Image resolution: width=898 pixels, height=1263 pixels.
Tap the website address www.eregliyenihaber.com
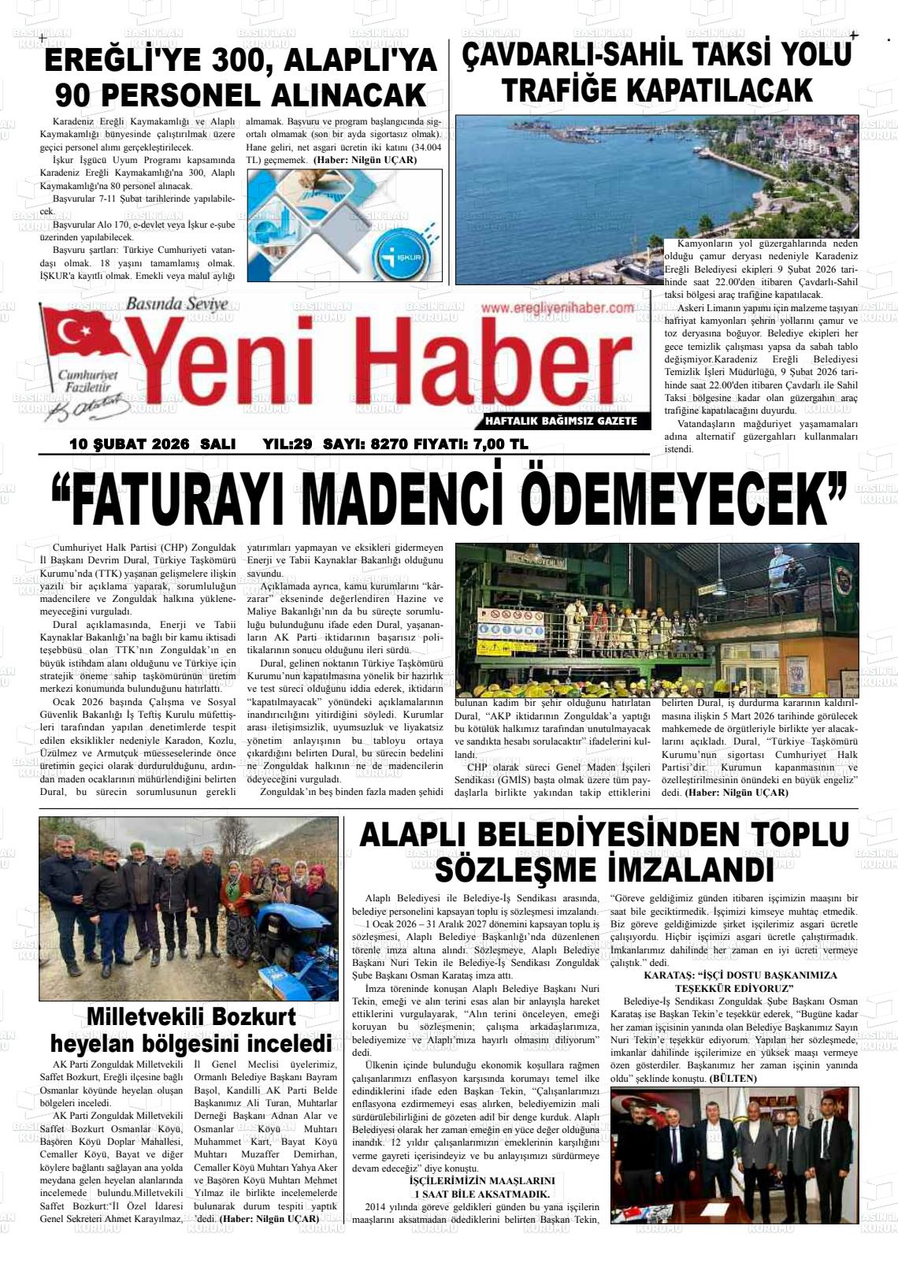[x=557, y=308]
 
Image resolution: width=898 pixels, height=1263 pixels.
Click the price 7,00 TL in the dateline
[x=501, y=444]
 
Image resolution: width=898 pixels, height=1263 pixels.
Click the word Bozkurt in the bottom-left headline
[x=258, y=1016]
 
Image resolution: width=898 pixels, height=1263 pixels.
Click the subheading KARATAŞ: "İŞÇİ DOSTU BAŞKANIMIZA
[x=740, y=975]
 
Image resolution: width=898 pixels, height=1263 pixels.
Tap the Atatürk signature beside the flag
[x=87, y=404]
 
